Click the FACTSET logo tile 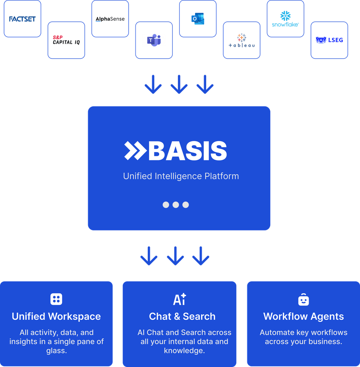[22, 19]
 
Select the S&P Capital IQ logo [66, 40]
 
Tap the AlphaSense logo [110, 19]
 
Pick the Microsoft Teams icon [154, 40]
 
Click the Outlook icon [198, 19]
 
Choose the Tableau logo [241, 40]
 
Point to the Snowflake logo [285, 19]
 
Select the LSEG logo [329, 40]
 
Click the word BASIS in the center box [187, 151]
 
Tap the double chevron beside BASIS [135, 151]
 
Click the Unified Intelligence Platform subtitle [181, 176]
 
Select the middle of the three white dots [176, 205]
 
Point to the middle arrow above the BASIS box [179, 84]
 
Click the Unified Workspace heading [56, 316]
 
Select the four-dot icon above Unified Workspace [56, 299]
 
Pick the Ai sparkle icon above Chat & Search [180, 299]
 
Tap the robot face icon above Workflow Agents [303, 300]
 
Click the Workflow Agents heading [303, 316]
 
